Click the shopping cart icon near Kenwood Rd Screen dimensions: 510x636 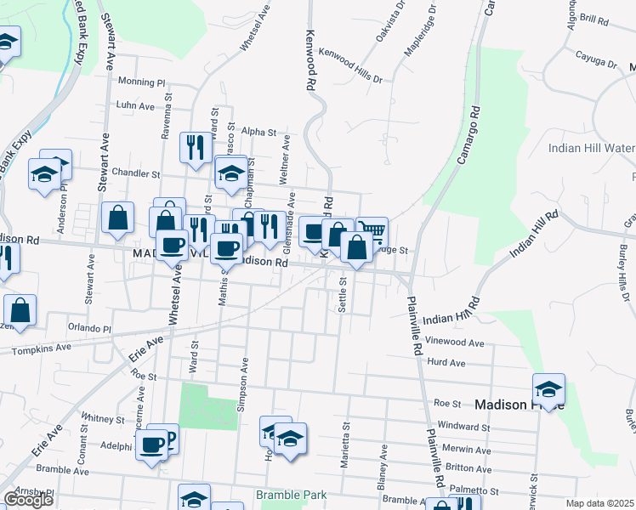click(x=372, y=230)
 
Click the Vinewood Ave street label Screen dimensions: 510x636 click(x=455, y=343)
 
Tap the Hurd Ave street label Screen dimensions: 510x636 click(x=446, y=363)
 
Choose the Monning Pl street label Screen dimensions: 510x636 click(x=141, y=82)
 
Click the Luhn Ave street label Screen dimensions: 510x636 click(x=136, y=105)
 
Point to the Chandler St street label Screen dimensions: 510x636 click(x=136, y=173)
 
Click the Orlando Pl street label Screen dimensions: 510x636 click(x=90, y=328)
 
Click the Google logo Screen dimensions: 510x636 click(x=28, y=500)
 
